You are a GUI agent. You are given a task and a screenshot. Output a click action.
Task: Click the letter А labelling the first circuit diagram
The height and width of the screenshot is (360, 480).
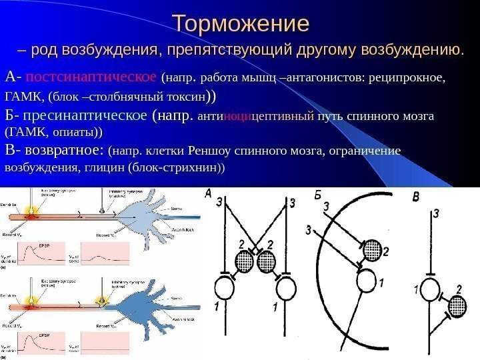click(x=208, y=194)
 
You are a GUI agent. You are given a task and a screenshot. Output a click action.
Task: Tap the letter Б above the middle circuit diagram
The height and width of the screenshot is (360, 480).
click(x=317, y=195)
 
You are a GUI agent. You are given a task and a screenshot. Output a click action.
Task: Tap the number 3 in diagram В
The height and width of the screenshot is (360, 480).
click(x=436, y=213)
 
